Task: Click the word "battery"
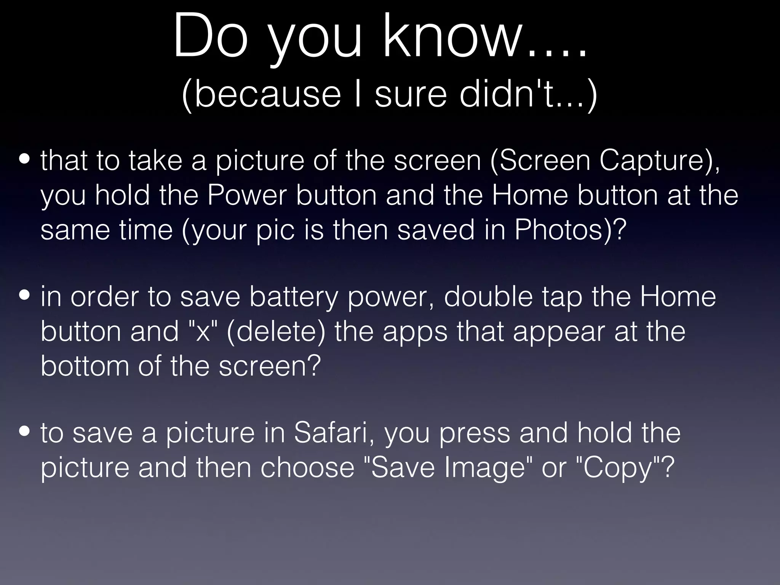294,297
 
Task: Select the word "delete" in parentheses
276,331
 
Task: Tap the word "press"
474,434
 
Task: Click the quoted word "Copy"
619,468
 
